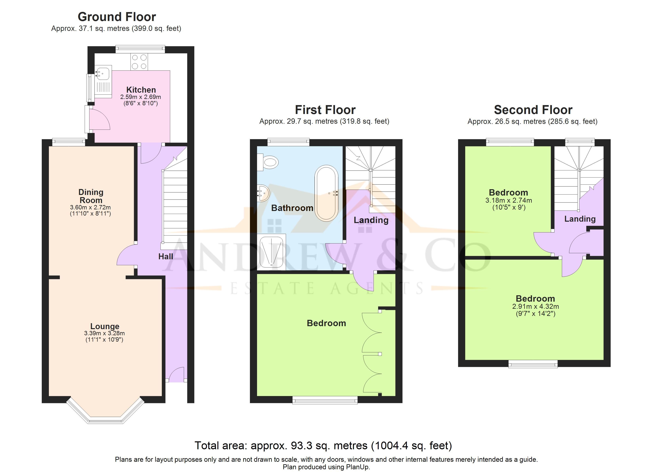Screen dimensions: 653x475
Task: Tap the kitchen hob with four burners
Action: pyautogui.click(x=139, y=62)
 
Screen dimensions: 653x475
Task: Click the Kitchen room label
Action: pyautogui.click(x=141, y=90)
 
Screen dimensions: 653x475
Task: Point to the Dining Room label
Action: pyautogui.click(x=91, y=196)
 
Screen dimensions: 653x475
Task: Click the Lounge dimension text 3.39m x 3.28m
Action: pyautogui.click(x=104, y=333)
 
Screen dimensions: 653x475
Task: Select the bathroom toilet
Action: pyautogui.click(x=268, y=162)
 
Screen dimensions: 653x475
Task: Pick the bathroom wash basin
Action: pyautogui.click(x=263, y=193)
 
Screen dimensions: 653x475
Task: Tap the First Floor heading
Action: pyautogui.click(x=325, y=110)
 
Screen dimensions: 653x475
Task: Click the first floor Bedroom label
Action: pyautogui.click(x=326, y=323)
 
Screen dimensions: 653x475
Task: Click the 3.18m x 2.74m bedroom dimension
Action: pyautogui.click(x=509, y=200)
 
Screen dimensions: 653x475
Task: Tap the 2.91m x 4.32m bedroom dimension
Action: pyautogui.click(x=535, y=307)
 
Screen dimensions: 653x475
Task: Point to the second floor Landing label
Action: pyautogui.click(x=580, y=219)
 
